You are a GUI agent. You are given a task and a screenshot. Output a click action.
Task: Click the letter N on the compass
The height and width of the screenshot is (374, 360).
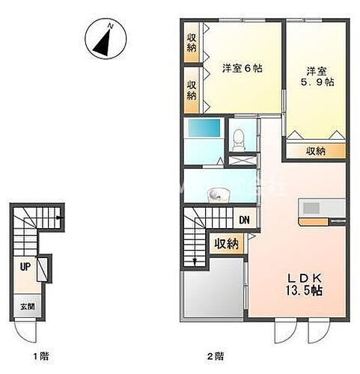click(x=110, y=26)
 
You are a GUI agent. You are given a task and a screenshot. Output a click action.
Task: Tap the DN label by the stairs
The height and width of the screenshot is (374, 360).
click(x=244, y=221)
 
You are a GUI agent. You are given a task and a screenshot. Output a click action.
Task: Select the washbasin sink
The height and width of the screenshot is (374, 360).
click(x=217, y=194)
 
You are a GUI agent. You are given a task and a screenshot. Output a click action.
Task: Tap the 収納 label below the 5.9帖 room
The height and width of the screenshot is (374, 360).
click(x=316, y=151)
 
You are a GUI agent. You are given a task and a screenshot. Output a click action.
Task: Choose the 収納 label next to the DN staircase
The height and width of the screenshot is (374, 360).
click(x=226, y=244)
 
